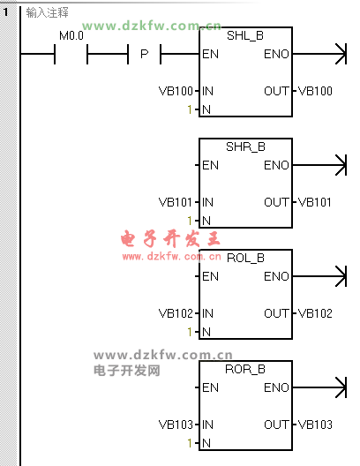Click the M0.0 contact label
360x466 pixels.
tap(71, 35)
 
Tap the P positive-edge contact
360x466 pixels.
tap(145, 54)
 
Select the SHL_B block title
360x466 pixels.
tap(245, 35)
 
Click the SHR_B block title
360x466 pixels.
tap(245, 147)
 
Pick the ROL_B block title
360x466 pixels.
tap(245, 258)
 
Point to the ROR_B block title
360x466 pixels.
tap(245, 369)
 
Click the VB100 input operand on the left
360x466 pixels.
tap(176, 91)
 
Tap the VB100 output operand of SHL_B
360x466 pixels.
tap(315, 91)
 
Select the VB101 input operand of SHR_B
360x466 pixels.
tap(176, 202)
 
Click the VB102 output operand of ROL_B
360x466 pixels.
tap(315, 313)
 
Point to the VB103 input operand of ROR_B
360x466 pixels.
tap(176, 425)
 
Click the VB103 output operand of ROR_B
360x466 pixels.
tap(315, 425)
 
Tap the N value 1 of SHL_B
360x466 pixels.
tap(190, 109)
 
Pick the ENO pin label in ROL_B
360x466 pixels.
tap(276, 277)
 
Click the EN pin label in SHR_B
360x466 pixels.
tap(210, 165)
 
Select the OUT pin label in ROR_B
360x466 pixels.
tap(276, 425)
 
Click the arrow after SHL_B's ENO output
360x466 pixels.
tap(319, 54)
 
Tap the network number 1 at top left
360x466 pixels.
tap(5, 11)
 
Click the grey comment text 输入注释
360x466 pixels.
tap(48, 12)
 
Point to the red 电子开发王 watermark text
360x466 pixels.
tap(170, 239)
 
